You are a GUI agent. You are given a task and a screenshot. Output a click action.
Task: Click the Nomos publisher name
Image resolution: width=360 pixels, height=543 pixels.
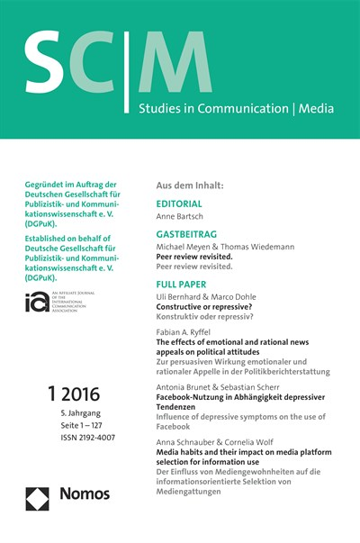click(85, 494)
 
